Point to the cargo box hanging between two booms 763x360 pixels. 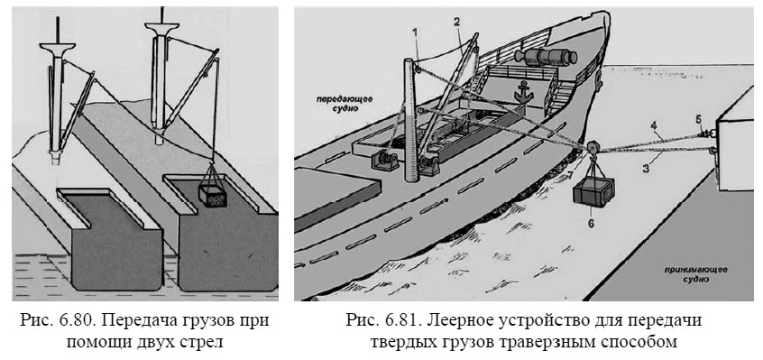[x=214, y=195]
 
